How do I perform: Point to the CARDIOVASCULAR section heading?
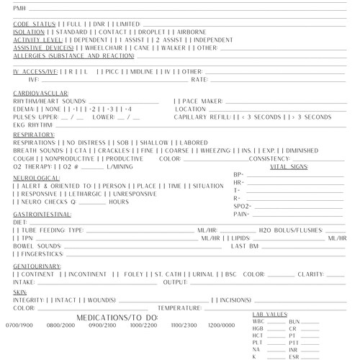click(40, 94)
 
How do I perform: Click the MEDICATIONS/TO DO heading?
click(116, 317)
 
